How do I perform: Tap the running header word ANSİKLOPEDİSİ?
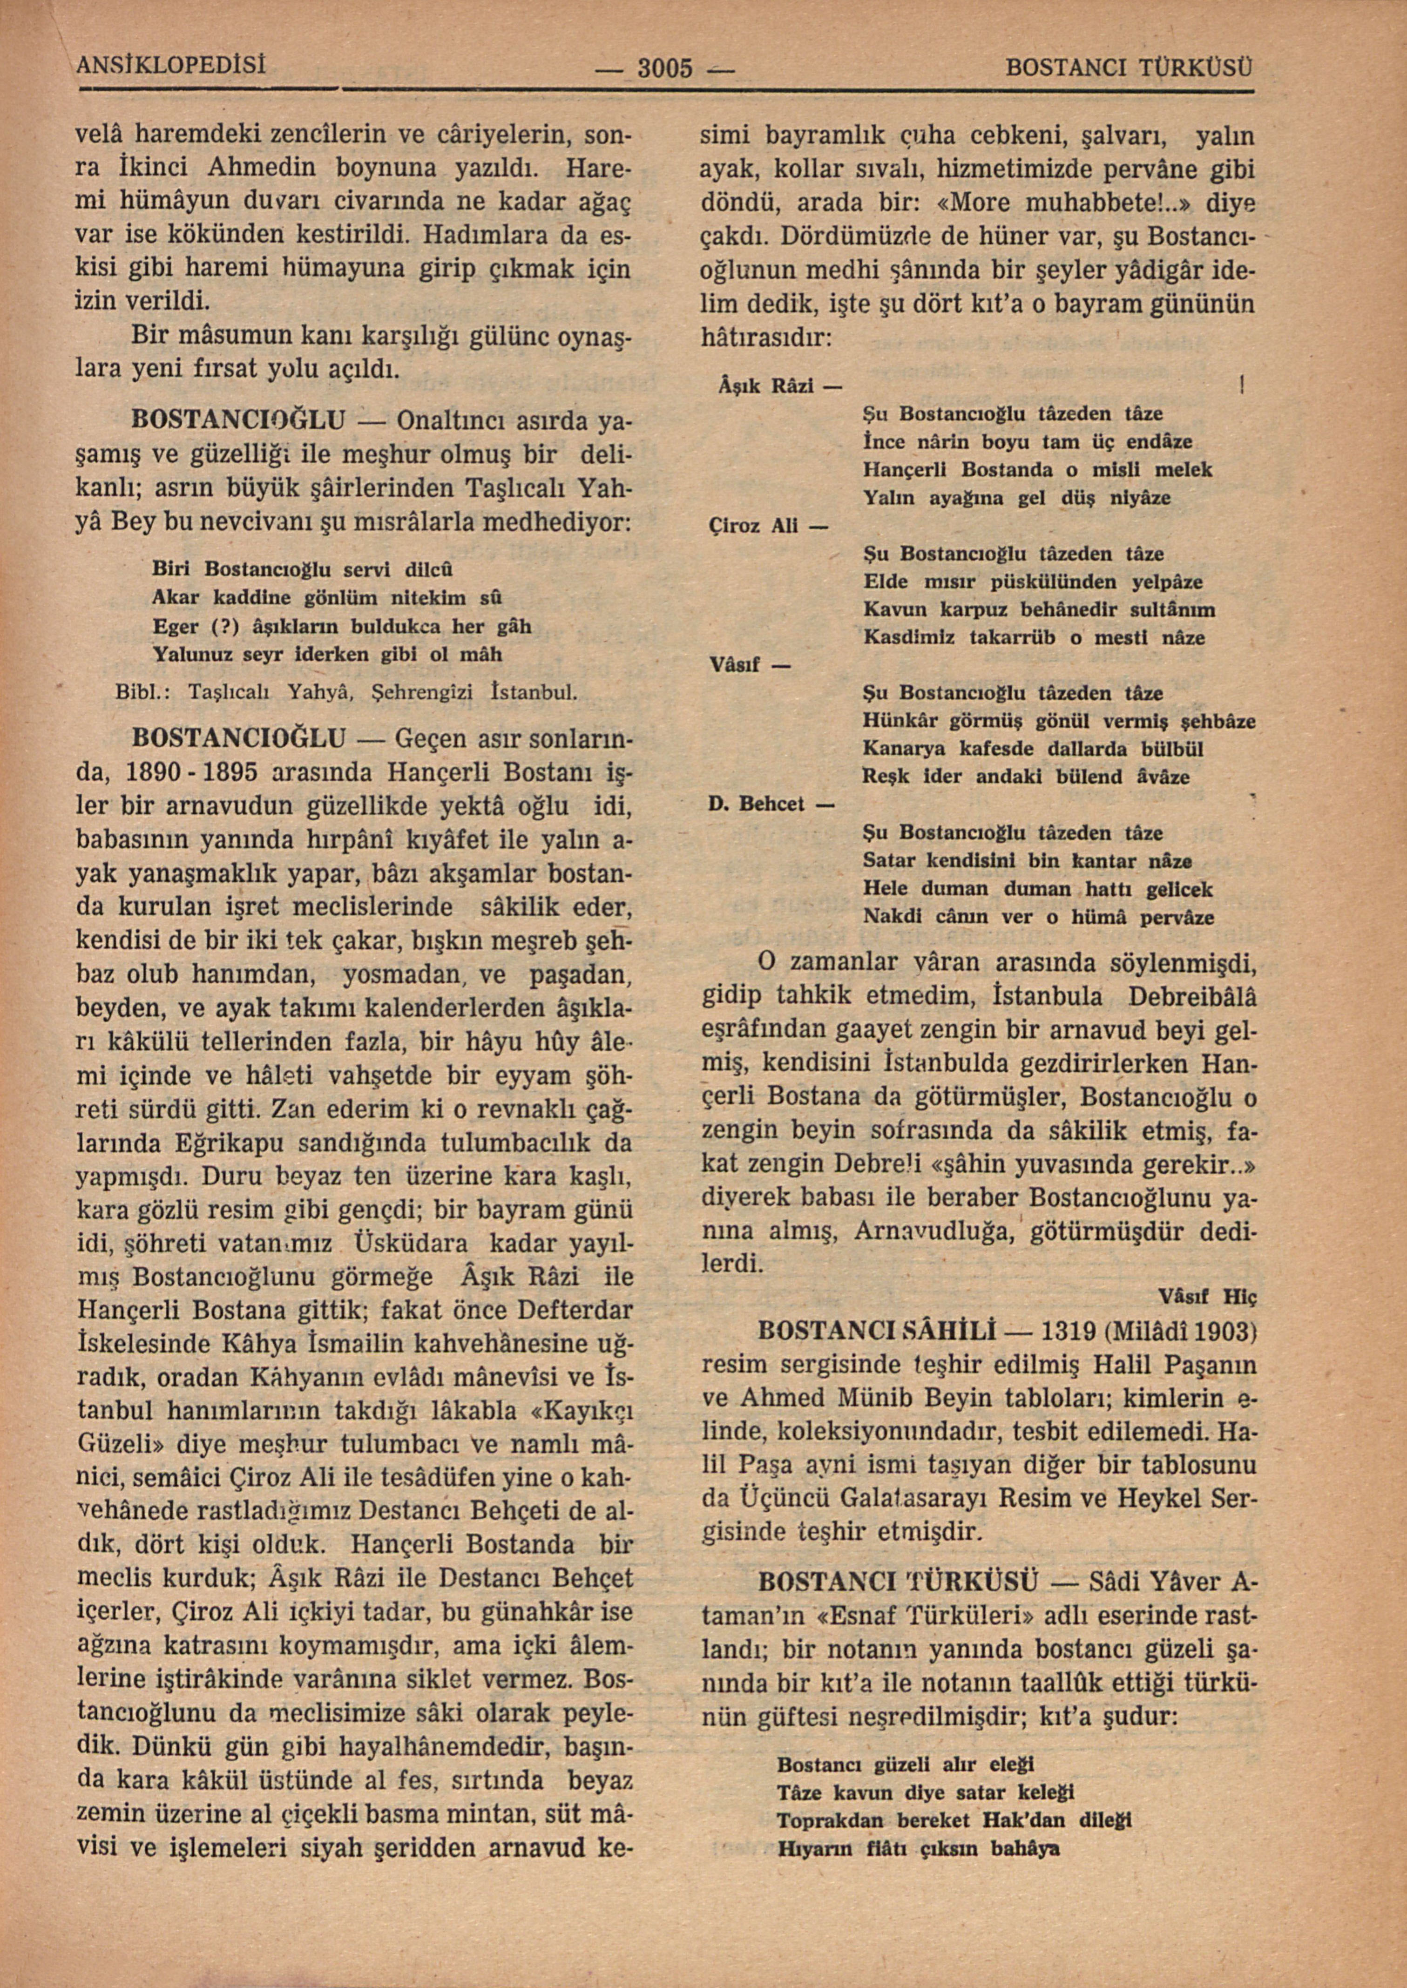point(171,65)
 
